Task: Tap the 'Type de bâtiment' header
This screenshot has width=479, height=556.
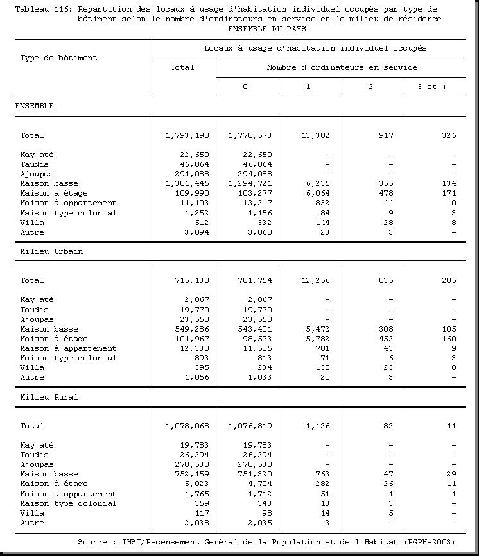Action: (x=58, y=58)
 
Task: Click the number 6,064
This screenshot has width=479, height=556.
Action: (x=317, y=194)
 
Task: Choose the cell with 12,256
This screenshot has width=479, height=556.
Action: (x=314, y=280)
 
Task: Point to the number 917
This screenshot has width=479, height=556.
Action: (x=386, y=135)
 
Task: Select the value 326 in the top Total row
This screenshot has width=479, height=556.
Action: (x=449, y=135)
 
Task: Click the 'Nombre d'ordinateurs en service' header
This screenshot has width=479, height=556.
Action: (x=342, y=67)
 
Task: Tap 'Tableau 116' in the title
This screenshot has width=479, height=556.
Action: (x=43, y=9)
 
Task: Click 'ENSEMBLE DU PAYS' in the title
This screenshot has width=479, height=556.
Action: (x=266, y=29)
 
